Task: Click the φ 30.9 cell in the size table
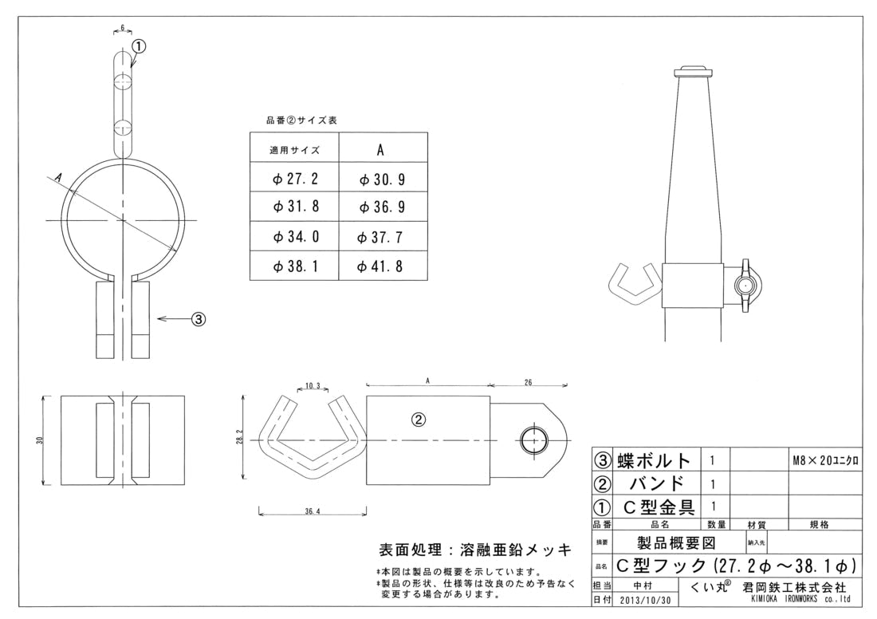point(383,180)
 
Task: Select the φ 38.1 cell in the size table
point(296,266)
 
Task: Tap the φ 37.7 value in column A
point(383,238)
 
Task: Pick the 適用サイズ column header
point(295,150)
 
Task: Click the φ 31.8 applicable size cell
point(296,207)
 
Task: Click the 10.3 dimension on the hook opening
point(313,386)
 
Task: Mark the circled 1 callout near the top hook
point(138,46)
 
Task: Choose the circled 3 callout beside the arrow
point(199,319)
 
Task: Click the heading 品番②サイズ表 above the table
point(301,120)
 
